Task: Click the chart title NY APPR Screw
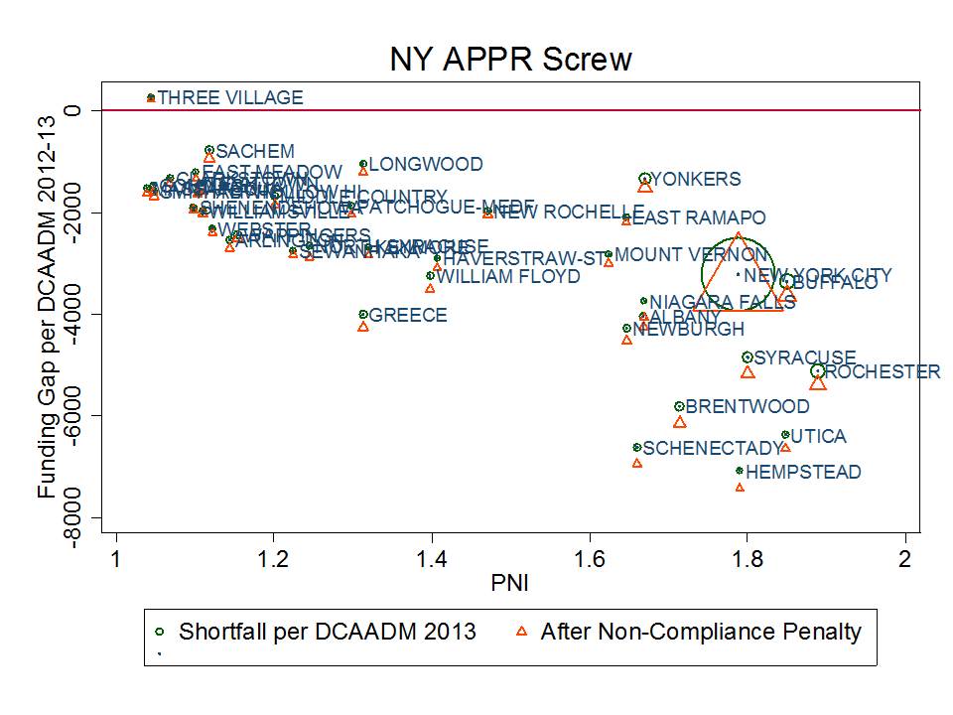click(510, 60)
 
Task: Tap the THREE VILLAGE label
click(230, 97)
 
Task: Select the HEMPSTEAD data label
click(803, 473)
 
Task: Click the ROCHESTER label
click(882, 372)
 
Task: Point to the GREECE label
click(408, 316)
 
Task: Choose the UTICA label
click(819, 436)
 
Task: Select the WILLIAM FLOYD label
click(508, 277)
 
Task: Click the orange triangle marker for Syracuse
click(748, 371)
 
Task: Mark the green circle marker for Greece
click(363, 314)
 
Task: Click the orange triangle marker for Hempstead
click(740, 487)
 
